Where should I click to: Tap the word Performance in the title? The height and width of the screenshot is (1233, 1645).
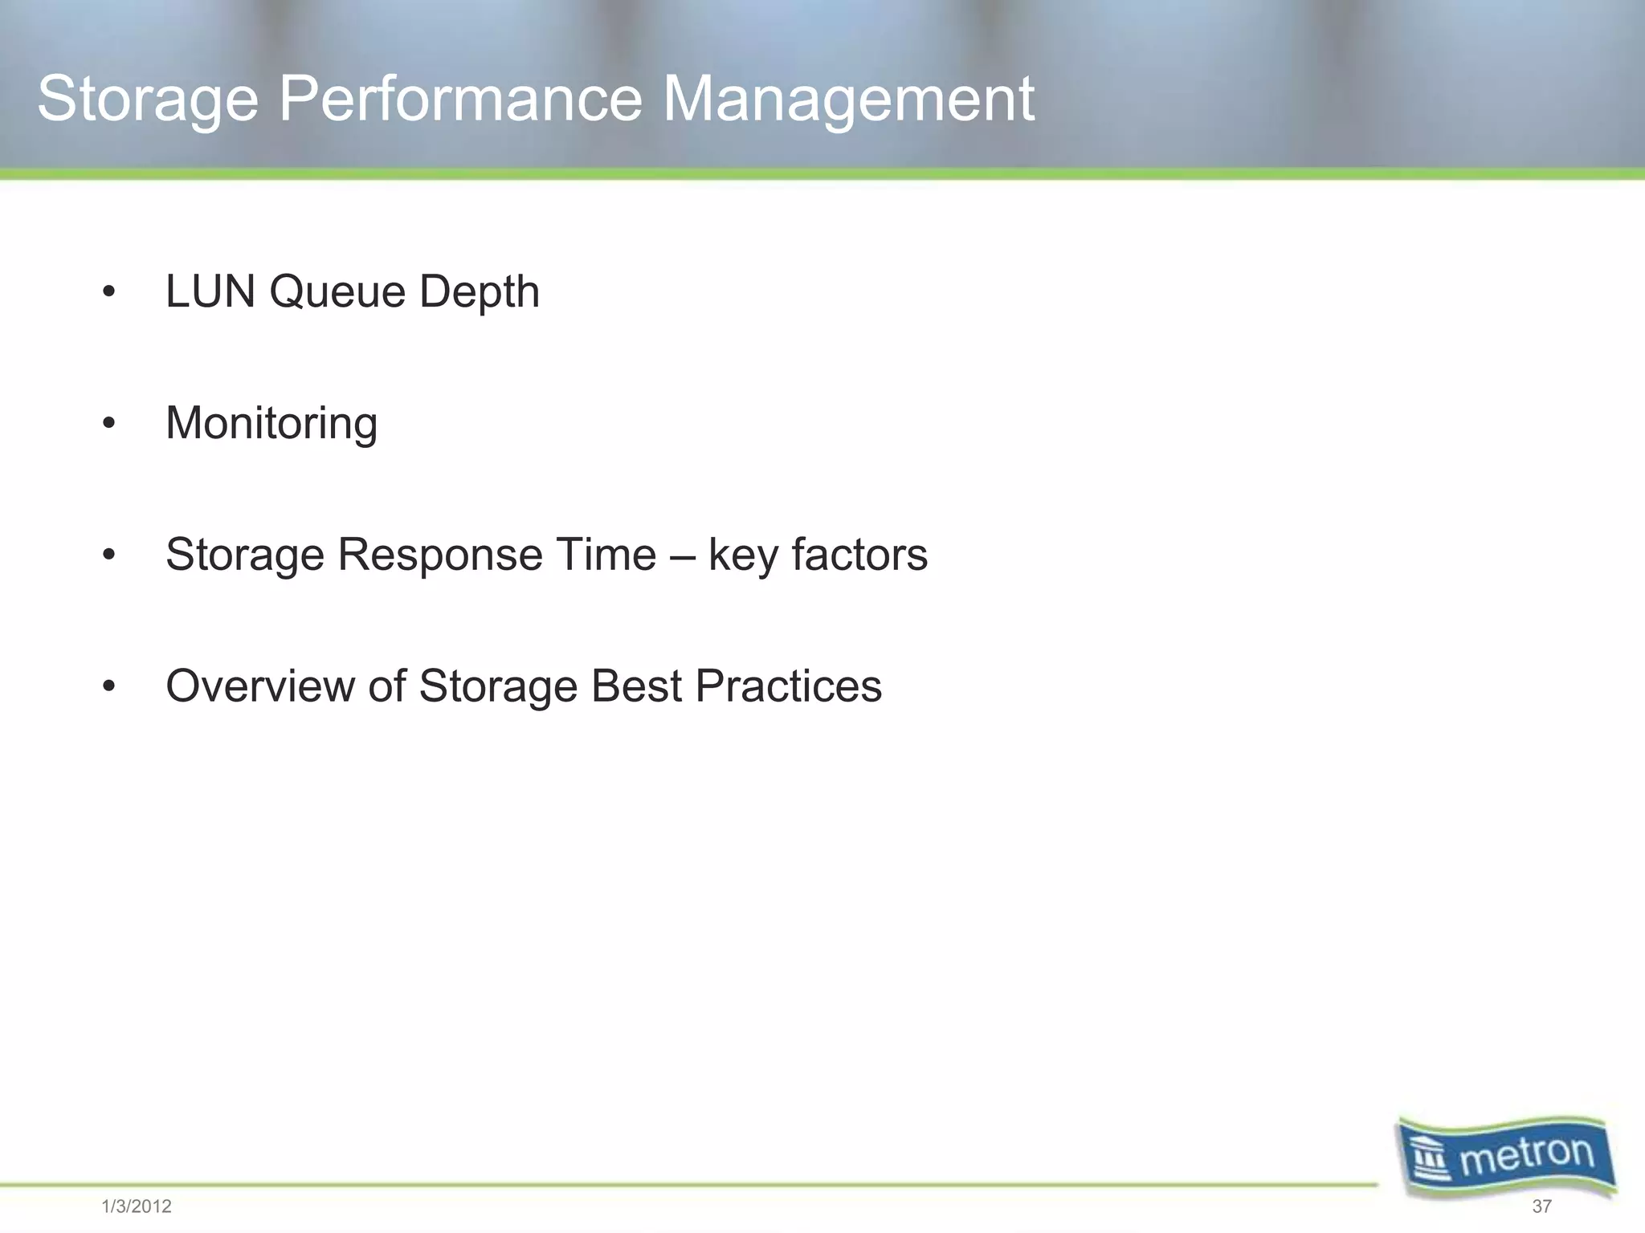click(x=460, y=100)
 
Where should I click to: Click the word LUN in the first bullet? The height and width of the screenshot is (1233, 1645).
click(x=210, y=291)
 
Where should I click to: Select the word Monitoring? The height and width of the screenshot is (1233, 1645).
click(x=271, y=424)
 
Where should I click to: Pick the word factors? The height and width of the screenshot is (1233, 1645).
click(x=859, y=555)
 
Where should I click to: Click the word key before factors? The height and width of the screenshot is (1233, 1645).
click(x=742, y=556)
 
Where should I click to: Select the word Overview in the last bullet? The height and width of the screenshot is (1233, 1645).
click(x=259, y=686)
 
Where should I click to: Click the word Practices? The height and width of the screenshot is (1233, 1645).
click(x=788, y=686)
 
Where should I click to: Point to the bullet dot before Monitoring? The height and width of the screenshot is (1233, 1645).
click(x=109, y=423)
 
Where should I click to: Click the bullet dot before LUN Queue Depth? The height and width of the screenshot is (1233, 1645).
click(x=109, y=292)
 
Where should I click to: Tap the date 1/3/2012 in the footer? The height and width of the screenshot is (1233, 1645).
click(x=137, y=1207)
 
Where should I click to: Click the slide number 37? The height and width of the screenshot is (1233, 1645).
click(x=1541, y=1207)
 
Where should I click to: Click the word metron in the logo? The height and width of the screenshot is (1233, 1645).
click(x=1526, y=1156)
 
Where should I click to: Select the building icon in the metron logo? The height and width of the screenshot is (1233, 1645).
click(x=1431, y=1161)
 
